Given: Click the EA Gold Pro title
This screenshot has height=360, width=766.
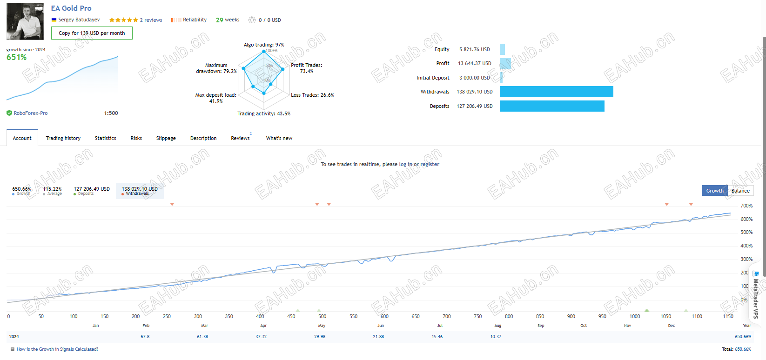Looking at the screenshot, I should coord(71,8).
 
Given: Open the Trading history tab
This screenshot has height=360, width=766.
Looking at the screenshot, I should coord(63,138).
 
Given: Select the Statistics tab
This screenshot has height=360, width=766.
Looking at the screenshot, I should coord(106,138).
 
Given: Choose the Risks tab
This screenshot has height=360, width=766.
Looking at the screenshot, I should coord(136,138).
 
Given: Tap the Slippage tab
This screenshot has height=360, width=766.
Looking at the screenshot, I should coord(166,138).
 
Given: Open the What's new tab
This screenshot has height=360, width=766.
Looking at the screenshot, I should coord(279,138).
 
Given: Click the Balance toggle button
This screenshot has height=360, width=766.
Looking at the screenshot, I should coord(740,191).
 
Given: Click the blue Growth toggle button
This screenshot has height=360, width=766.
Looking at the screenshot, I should coord(715,191).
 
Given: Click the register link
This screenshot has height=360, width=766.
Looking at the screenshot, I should coord(430,164).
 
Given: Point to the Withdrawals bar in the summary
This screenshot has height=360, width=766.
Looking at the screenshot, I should coord(556,92).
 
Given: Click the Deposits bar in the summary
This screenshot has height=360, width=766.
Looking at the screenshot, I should coord(552,106).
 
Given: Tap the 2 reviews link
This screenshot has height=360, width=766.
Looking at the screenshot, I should coord(151,20).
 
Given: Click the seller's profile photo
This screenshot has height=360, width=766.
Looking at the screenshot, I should coord(25,21).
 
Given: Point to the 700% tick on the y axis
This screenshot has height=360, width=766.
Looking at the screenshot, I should coord(746,206).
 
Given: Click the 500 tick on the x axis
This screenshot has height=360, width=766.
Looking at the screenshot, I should coord(323,316).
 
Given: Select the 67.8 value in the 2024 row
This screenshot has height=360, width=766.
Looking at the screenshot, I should coord(145,337).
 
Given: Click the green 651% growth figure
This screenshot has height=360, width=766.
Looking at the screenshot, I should coord(17,57).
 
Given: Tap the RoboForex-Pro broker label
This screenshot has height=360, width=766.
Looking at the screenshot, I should coord(31,113).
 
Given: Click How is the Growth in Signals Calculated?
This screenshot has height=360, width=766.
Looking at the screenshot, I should coord(57,349).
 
